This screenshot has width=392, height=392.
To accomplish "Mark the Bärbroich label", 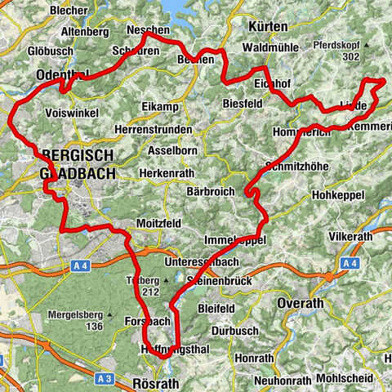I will tap(210, 191).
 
